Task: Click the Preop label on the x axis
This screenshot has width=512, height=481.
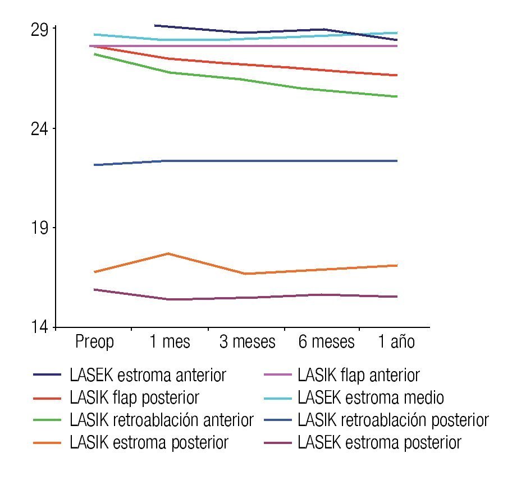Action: click(x=94, y=341)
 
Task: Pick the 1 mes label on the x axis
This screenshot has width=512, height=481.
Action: click(x=170, y=341)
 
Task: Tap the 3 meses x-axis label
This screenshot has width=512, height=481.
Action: click(x=247, y=341)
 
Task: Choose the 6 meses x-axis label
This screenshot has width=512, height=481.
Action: click(x=326, y=341)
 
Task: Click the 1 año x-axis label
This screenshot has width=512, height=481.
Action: click(x=396, y=341)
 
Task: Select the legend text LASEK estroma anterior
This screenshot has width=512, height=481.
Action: click(x=148, y=375)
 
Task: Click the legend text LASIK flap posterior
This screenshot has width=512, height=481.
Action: click(x=135, y=398)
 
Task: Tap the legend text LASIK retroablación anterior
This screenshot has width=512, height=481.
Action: click(x=162, y=420)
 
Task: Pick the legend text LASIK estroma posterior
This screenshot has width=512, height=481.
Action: click(x=149, y=443)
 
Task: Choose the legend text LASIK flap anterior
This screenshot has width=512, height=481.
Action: click(x=359, y=375)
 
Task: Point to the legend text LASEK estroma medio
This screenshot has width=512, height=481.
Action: click(x=371, y=398)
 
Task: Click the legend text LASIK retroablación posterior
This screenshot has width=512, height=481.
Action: click(x=393, y=420)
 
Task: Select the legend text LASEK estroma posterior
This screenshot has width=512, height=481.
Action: click(x=380, y=443)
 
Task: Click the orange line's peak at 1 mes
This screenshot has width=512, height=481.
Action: click(x=168, y=253)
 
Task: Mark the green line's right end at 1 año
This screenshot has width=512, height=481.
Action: click(x=397, y=96)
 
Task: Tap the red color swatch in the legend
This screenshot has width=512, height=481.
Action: click(x=47, y=398)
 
